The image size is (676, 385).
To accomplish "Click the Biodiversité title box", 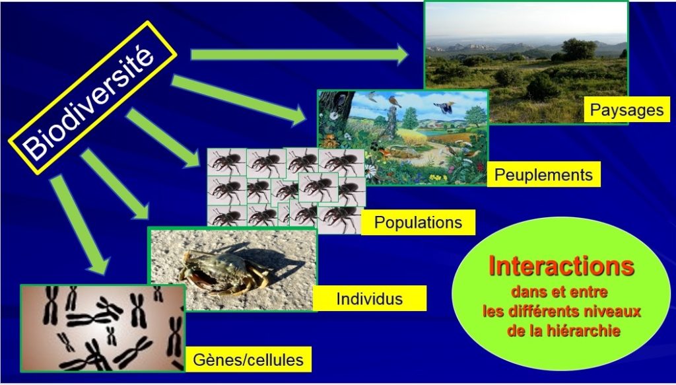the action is pos(92,98).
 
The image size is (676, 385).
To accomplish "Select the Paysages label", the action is pos(627,110).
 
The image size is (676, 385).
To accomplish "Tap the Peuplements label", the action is pos(543,174).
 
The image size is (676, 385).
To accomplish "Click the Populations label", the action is pos(418,223).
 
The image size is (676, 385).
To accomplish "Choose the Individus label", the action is pos(370,298).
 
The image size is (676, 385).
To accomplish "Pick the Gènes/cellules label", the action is pos(248,359).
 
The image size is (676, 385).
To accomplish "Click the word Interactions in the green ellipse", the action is pos(561,266).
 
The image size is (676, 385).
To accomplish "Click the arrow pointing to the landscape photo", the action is pos(299,55).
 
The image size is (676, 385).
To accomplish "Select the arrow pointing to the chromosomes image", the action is pos(79,224).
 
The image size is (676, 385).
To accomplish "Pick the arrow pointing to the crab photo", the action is pos(115,184).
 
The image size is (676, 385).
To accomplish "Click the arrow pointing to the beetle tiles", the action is pos(163,137).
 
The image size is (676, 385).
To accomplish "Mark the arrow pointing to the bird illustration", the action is pos(238,100).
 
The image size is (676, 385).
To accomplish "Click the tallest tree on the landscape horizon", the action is pos(579,49).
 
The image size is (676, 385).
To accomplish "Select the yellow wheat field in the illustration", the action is pos(415,137).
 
